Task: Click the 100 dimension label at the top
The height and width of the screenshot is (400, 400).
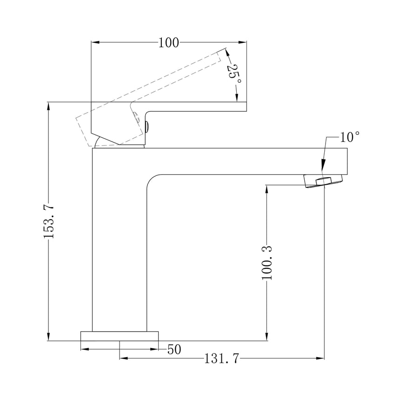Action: (168, 43)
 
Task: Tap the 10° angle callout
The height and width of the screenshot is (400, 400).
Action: (350, 137)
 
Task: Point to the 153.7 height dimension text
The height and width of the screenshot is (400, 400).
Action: (49, 221)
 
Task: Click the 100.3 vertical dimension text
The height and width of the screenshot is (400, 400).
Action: (267, 263)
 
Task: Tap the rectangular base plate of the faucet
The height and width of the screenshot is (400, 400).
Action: (120, 336)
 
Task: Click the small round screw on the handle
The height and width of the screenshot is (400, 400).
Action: (147, 126)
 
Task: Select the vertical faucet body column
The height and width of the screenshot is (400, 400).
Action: (120, 242)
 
